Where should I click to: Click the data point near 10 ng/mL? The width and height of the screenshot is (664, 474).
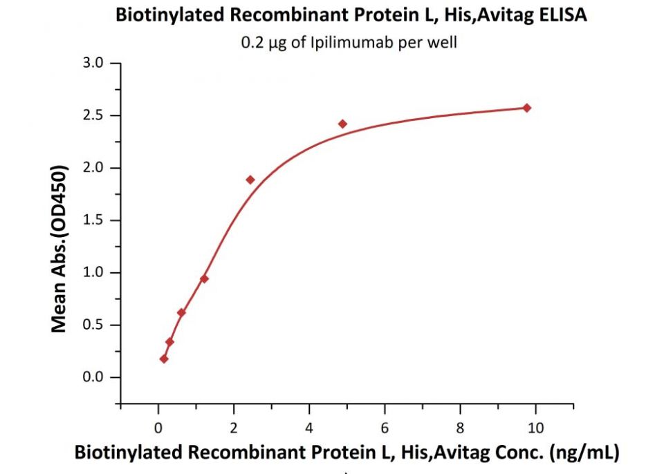(527, 108)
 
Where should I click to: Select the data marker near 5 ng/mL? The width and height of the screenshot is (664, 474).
(342, 124)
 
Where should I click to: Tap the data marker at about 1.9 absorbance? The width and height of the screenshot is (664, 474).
(250, 180)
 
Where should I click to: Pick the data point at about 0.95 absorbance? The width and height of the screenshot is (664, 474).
(204, 279)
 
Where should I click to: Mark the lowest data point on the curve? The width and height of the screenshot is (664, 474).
(164, 359)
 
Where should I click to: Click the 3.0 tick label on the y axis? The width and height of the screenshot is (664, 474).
(93, 63)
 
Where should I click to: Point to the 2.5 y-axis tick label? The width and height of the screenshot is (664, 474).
(93, 115)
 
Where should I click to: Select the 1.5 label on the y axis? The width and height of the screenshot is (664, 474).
(93, 220)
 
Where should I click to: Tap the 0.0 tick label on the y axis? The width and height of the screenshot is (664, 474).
(93, 377)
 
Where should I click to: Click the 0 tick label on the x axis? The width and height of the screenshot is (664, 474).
(158, 428)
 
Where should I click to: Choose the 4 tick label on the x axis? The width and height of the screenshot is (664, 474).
(309, 428)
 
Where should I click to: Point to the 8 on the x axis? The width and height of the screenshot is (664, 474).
(460, 428)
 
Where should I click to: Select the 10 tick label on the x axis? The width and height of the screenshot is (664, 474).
(535, 428)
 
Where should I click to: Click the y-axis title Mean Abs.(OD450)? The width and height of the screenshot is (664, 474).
(59, 249)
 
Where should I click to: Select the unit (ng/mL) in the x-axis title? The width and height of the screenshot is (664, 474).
(584, 453)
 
